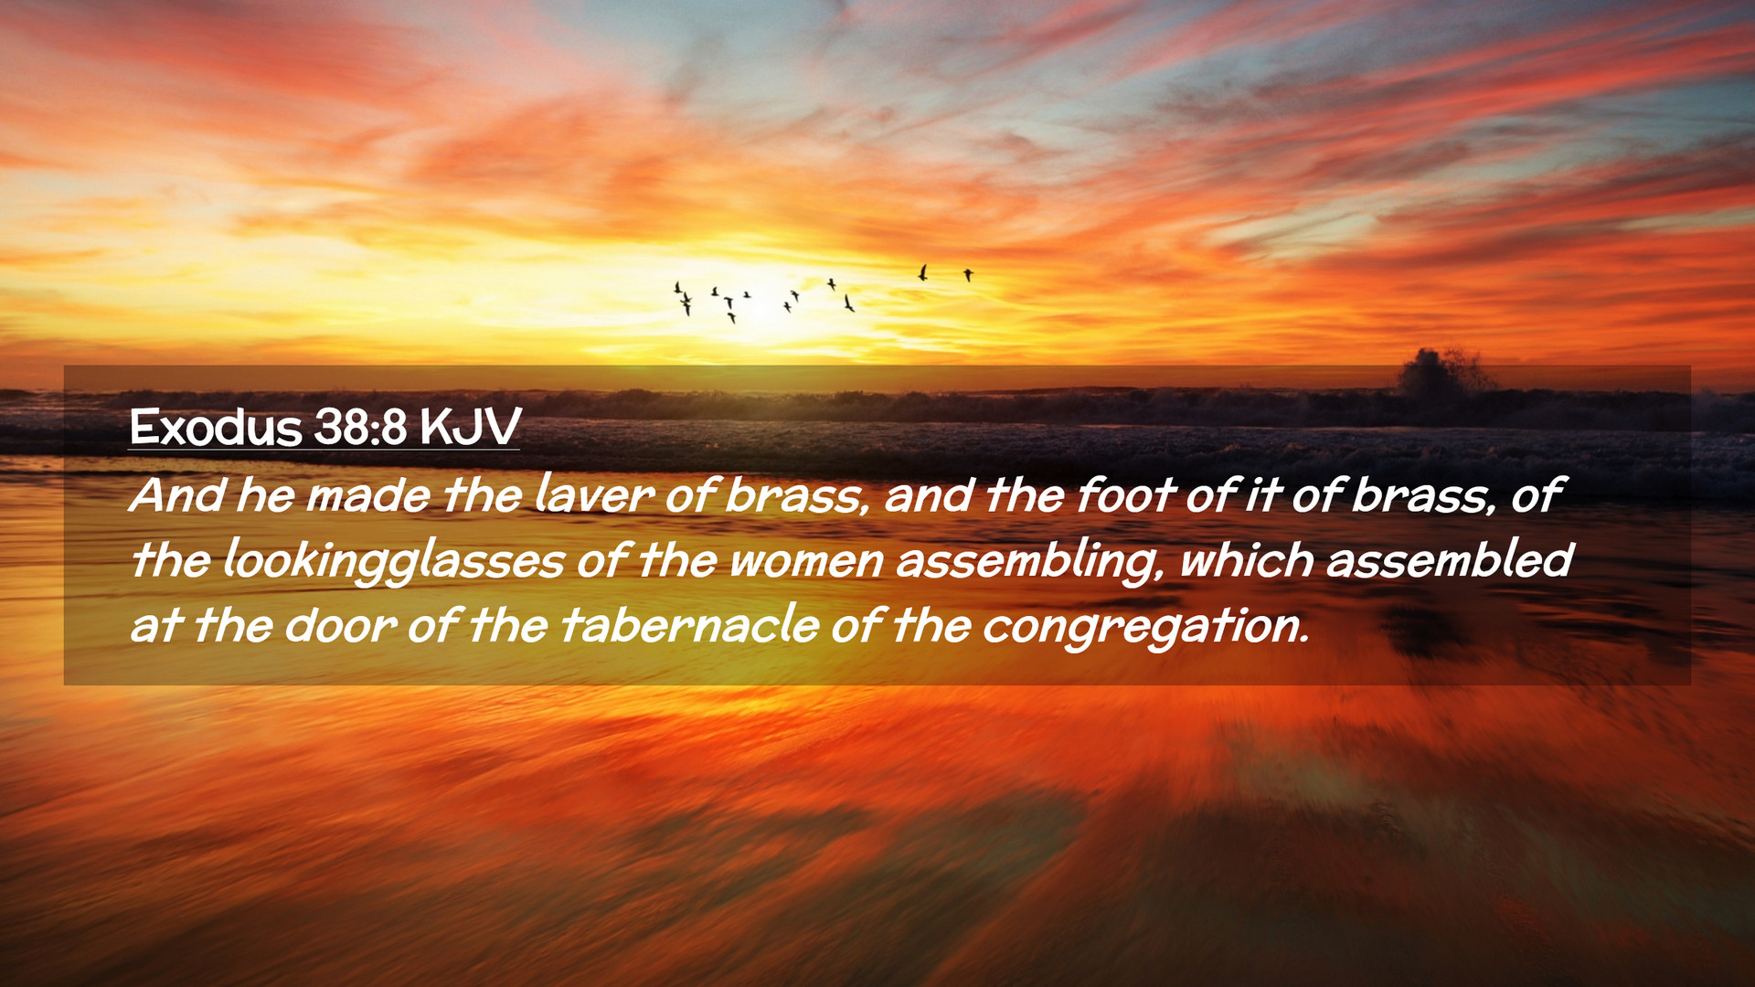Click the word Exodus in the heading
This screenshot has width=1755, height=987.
(216, 427)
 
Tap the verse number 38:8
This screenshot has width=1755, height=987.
(361, 427)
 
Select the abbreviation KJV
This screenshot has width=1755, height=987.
(470, 427)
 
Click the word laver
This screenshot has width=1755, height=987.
(594, 494)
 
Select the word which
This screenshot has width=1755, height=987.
(1247, 559)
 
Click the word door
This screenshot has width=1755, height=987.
(340, 626)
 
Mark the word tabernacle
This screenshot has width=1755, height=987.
(690, 626)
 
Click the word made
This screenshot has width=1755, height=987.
(367, 494)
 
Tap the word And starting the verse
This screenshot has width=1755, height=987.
(177, 494)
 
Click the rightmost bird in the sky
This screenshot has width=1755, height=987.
(968, 274)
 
